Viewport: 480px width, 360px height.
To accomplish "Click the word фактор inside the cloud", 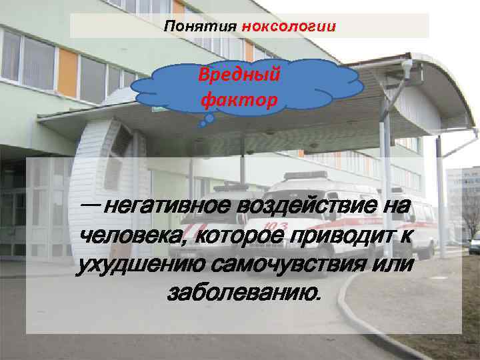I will pyautogui.click(x=237, y=100).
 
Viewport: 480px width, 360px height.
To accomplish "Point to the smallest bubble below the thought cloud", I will pyautogui.click(x=203, y=124).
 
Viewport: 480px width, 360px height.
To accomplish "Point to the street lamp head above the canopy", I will pyautogui.click(x=407, y=67).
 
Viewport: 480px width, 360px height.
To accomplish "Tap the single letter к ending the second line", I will pyautogui.click(x=405, y=235).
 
